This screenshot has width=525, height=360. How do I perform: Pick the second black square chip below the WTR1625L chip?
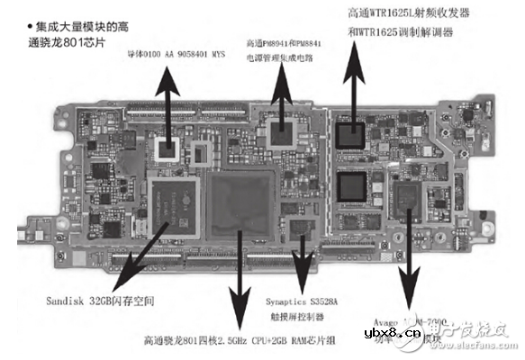pos(350,186)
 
